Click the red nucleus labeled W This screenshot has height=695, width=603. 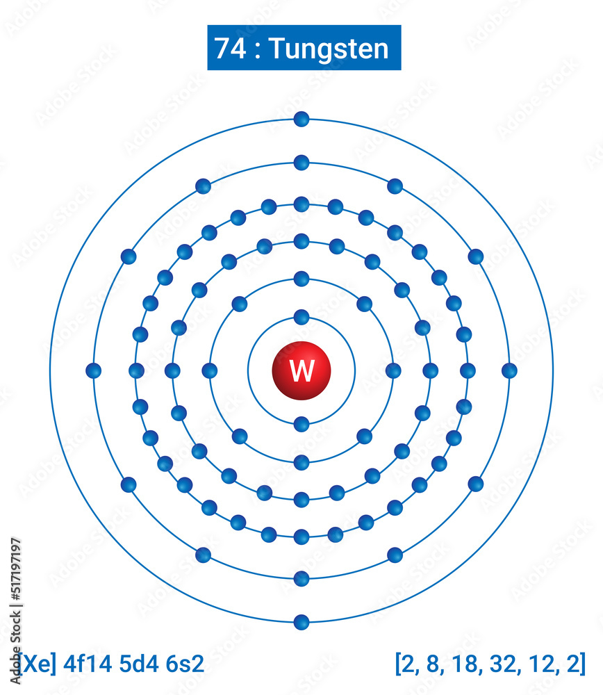pyautogui.click(x=301, y=370)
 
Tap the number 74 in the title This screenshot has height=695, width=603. pyautogui.click(x=229, y=49)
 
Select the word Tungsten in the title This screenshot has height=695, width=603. pyautogui.click(x=329, y=49)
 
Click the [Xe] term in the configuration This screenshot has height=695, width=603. pyautogui.click(x=36, y=664)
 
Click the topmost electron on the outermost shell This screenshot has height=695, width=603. pyautogui.click(x=301, y=120)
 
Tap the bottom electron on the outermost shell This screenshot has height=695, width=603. pyautogui.click(x=301, y=622)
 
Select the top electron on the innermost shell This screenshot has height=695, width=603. pyautogui.click(x=301, y=317)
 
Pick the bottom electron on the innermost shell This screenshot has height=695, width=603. pyautogui.click(x=301, y=424)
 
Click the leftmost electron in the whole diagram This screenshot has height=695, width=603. pyautogui.click(x=94, y=370)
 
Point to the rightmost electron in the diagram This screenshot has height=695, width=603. pyautogui.click(x=509, y=370)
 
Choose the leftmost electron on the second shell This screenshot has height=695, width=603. pyautogui.click(x=210, y=370)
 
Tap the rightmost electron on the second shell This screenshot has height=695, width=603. pyautogui.click(x=393, y=370)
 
